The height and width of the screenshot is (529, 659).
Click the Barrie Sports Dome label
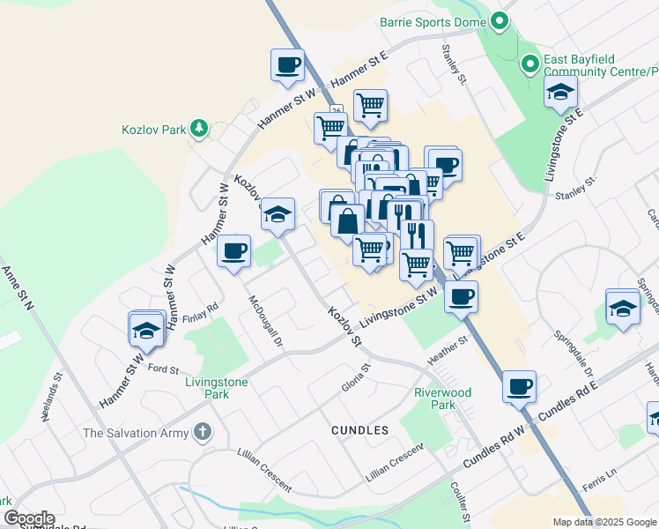tap(433, 20)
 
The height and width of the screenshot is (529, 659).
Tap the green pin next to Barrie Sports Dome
tap(500, 20)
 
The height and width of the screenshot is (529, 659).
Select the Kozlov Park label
tap(153, 130)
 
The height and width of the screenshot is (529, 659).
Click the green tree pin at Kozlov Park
tap(199, 130)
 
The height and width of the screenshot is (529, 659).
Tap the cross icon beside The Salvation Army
tap(202, 432)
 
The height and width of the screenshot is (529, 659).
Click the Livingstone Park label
tap(217, 388)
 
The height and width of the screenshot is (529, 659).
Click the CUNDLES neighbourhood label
tap(359, 430)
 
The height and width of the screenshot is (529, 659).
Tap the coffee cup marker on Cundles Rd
tap(519, 385)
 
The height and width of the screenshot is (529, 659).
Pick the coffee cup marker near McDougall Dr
tap(234, 250)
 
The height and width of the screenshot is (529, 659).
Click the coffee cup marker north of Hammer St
tap(289, 63)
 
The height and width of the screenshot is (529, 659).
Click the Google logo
tap(28, 518)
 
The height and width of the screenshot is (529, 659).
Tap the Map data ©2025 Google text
tap(603, 522)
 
